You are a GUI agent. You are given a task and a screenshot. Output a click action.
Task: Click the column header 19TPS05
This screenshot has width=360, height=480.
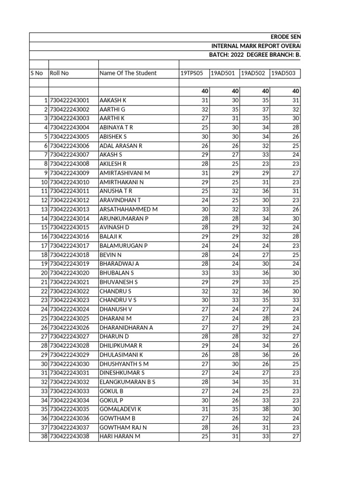(191, 73)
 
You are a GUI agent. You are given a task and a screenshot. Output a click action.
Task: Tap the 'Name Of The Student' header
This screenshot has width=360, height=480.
(128, 73)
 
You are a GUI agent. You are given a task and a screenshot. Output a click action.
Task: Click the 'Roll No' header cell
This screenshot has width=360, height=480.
(59, 73)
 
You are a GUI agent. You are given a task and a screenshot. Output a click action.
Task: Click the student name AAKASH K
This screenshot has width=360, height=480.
(113, 100)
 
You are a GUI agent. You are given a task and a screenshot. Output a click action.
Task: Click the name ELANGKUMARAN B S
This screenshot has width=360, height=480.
(127, 382)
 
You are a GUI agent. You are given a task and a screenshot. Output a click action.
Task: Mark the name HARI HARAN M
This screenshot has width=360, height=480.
(120, 436)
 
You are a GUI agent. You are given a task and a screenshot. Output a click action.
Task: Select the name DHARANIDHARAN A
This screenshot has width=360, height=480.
(126, 327)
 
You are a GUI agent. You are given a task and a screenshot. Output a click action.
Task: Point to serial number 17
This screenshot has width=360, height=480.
(45, 246)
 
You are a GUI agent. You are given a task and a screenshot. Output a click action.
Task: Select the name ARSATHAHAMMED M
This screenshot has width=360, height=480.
(128, 209)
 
